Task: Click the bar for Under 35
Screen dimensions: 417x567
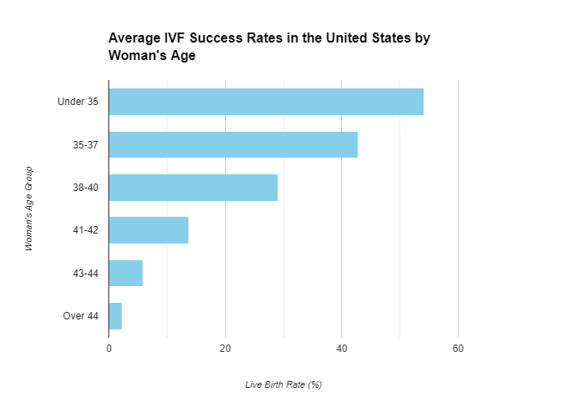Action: (x=266, y=102)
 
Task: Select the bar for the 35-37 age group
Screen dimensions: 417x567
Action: (x=233, y=144)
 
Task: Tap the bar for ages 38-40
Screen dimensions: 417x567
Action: (x=193, y=188)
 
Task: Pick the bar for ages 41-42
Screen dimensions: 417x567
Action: (x=148, y=230)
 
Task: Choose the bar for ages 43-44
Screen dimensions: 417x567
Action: (x=126, y=273)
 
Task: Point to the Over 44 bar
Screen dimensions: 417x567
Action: (x=116, y=316)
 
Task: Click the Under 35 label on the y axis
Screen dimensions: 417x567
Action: (x=78, y=102)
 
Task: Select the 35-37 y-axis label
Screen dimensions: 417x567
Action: (x=86, y=144)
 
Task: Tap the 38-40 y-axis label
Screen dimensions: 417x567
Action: (x=86, y=188)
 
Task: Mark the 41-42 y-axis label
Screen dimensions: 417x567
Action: (x=86, y=230)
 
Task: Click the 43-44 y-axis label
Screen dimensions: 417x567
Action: (x=86, y=273)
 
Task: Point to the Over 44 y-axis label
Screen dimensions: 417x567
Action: (x=81, y=316)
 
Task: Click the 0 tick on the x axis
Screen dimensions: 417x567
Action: (x=109, y=348)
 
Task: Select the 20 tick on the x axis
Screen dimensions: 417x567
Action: (x=225, y=348)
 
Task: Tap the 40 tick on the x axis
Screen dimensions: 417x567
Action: (x=341, y=348)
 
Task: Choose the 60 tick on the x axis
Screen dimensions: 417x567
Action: (x=458, y=348)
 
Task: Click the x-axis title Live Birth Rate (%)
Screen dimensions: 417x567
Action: (x=283, y=384)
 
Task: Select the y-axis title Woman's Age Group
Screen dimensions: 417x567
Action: (x=28, y=208)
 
